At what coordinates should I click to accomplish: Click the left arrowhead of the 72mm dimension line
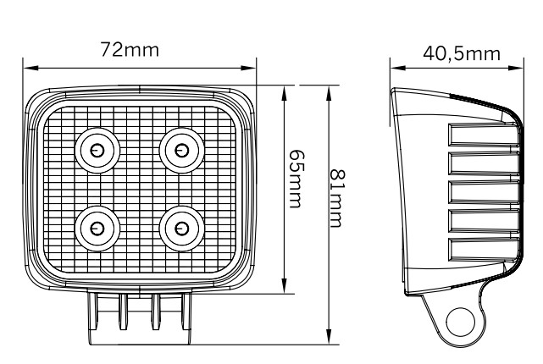[27, 64]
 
